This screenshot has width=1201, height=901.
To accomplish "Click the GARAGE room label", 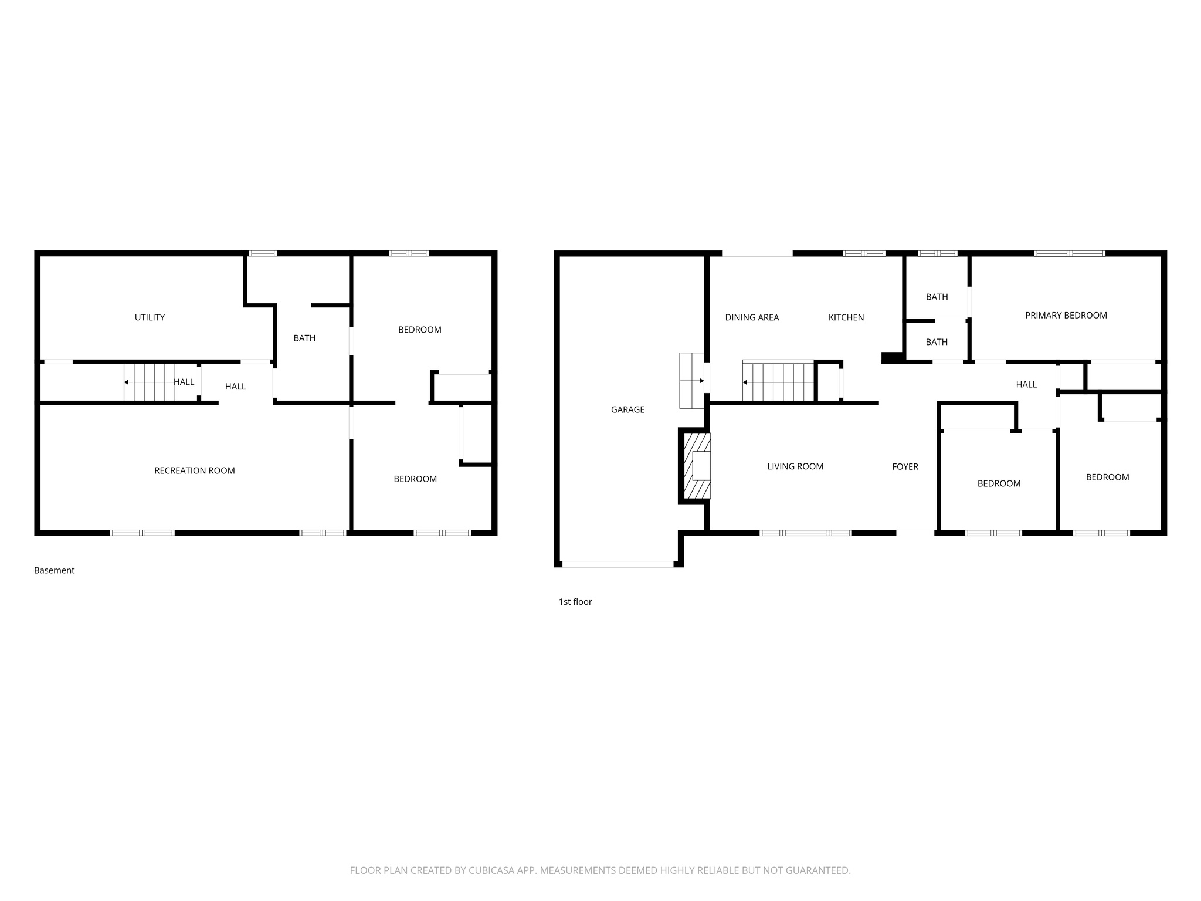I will (x=627, y=409).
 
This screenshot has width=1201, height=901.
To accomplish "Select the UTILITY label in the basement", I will (x=150, y=317).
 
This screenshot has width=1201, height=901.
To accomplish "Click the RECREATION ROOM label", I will (x=194, y=470).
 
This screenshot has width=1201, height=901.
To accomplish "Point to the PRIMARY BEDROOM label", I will (x=1066, y=315).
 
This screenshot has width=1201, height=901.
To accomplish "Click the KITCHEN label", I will (x=846, y=317).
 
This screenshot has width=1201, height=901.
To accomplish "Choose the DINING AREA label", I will (x=752, y=317).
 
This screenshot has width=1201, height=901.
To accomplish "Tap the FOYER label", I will (x=905, y=466).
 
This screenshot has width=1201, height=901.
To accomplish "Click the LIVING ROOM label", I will (x=795, y=466).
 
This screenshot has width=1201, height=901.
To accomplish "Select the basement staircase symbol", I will (x=150, y=382).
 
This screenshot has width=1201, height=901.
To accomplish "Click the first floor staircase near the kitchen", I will (x=778, y=381).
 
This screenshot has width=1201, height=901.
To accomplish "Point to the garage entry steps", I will (x=691, y=380).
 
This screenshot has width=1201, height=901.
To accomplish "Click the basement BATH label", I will (x=304, y=338).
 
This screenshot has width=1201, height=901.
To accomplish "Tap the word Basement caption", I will (x=54, y=570).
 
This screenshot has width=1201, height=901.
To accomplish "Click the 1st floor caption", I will (x=575, y=602).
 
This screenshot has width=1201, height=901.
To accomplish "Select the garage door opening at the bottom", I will (x=618, y=564).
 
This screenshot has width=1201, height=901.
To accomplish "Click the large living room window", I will (x=805, y=533).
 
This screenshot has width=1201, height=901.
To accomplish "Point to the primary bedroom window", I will (x=1069, y=253).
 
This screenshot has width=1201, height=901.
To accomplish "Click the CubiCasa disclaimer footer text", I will (x=600, y=870).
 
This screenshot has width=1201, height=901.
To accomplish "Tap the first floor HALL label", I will (x=1026, y=384).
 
